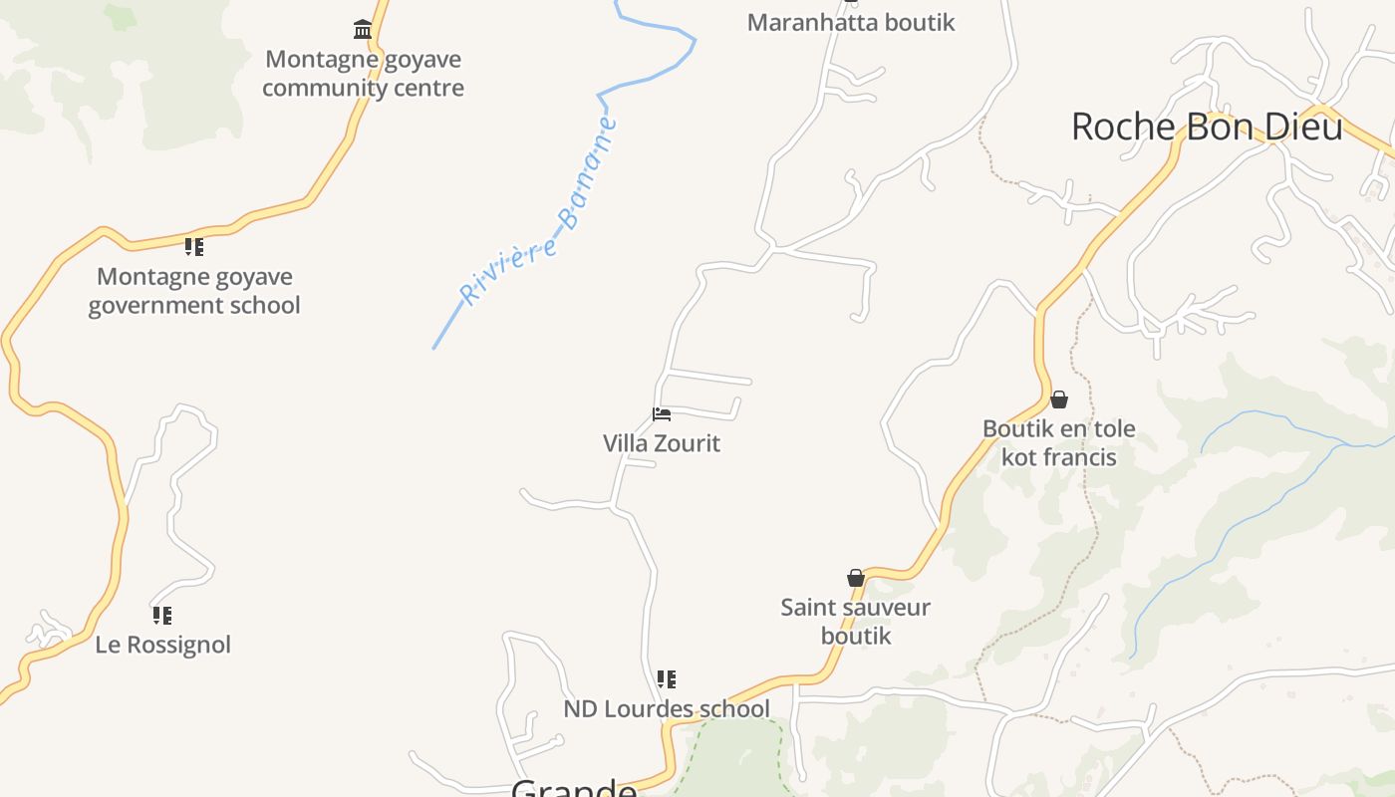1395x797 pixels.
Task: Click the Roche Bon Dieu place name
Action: point(1207,127)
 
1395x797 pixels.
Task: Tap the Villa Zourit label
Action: point(662,443)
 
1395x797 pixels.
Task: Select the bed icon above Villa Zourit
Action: point(662,414)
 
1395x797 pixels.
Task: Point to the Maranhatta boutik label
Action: point(851,22)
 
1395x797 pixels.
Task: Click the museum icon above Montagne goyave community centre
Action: point(363,30)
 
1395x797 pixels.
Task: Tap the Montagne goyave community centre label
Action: point(363,74)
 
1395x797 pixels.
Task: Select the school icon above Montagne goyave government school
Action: point(194,247)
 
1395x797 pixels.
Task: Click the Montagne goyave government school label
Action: point(194,291)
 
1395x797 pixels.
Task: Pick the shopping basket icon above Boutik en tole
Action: point(1059,399)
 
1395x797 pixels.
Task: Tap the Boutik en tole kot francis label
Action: point(1059,443)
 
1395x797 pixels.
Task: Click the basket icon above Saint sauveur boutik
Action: point(856,578)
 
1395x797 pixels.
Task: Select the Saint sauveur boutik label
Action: point(856,622)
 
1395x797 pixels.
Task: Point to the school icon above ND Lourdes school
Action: point(667,679)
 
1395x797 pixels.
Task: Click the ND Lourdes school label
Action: point(667,708)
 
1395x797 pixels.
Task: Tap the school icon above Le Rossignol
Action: point(162,616)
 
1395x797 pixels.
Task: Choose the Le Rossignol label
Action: point(162,645)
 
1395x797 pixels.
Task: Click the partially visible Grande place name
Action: point(574,789)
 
